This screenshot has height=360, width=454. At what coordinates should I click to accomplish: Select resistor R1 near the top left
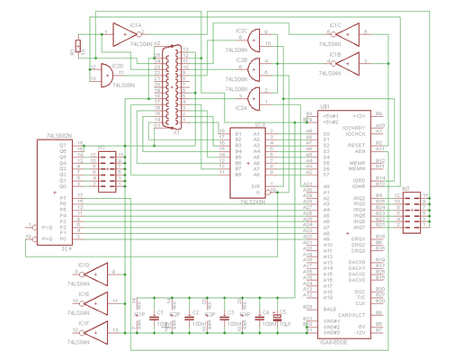pyautogui.click(x=79, y=46)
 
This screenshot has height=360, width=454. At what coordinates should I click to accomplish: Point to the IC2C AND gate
pyautogui.click(x=257, y=38)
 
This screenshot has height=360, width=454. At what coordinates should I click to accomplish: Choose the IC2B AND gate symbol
pyautogui.click(x=257, y=67)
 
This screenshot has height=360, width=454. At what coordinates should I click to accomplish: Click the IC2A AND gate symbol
pyautogui.click(x=257, y=96)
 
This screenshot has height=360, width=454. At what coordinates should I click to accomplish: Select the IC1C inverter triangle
pyautogui.click(x=347, y=34)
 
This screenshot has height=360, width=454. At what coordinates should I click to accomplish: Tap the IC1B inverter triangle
pyautogui.click(x=347, y=62)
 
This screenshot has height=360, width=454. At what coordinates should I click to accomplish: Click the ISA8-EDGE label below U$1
pyautogui.click(x=334, y=343)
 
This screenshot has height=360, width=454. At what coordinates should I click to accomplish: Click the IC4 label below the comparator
pyautogui.click(x=67, y=249)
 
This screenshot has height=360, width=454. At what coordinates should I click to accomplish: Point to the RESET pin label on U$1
pyautogui.click(x=356, y=144)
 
